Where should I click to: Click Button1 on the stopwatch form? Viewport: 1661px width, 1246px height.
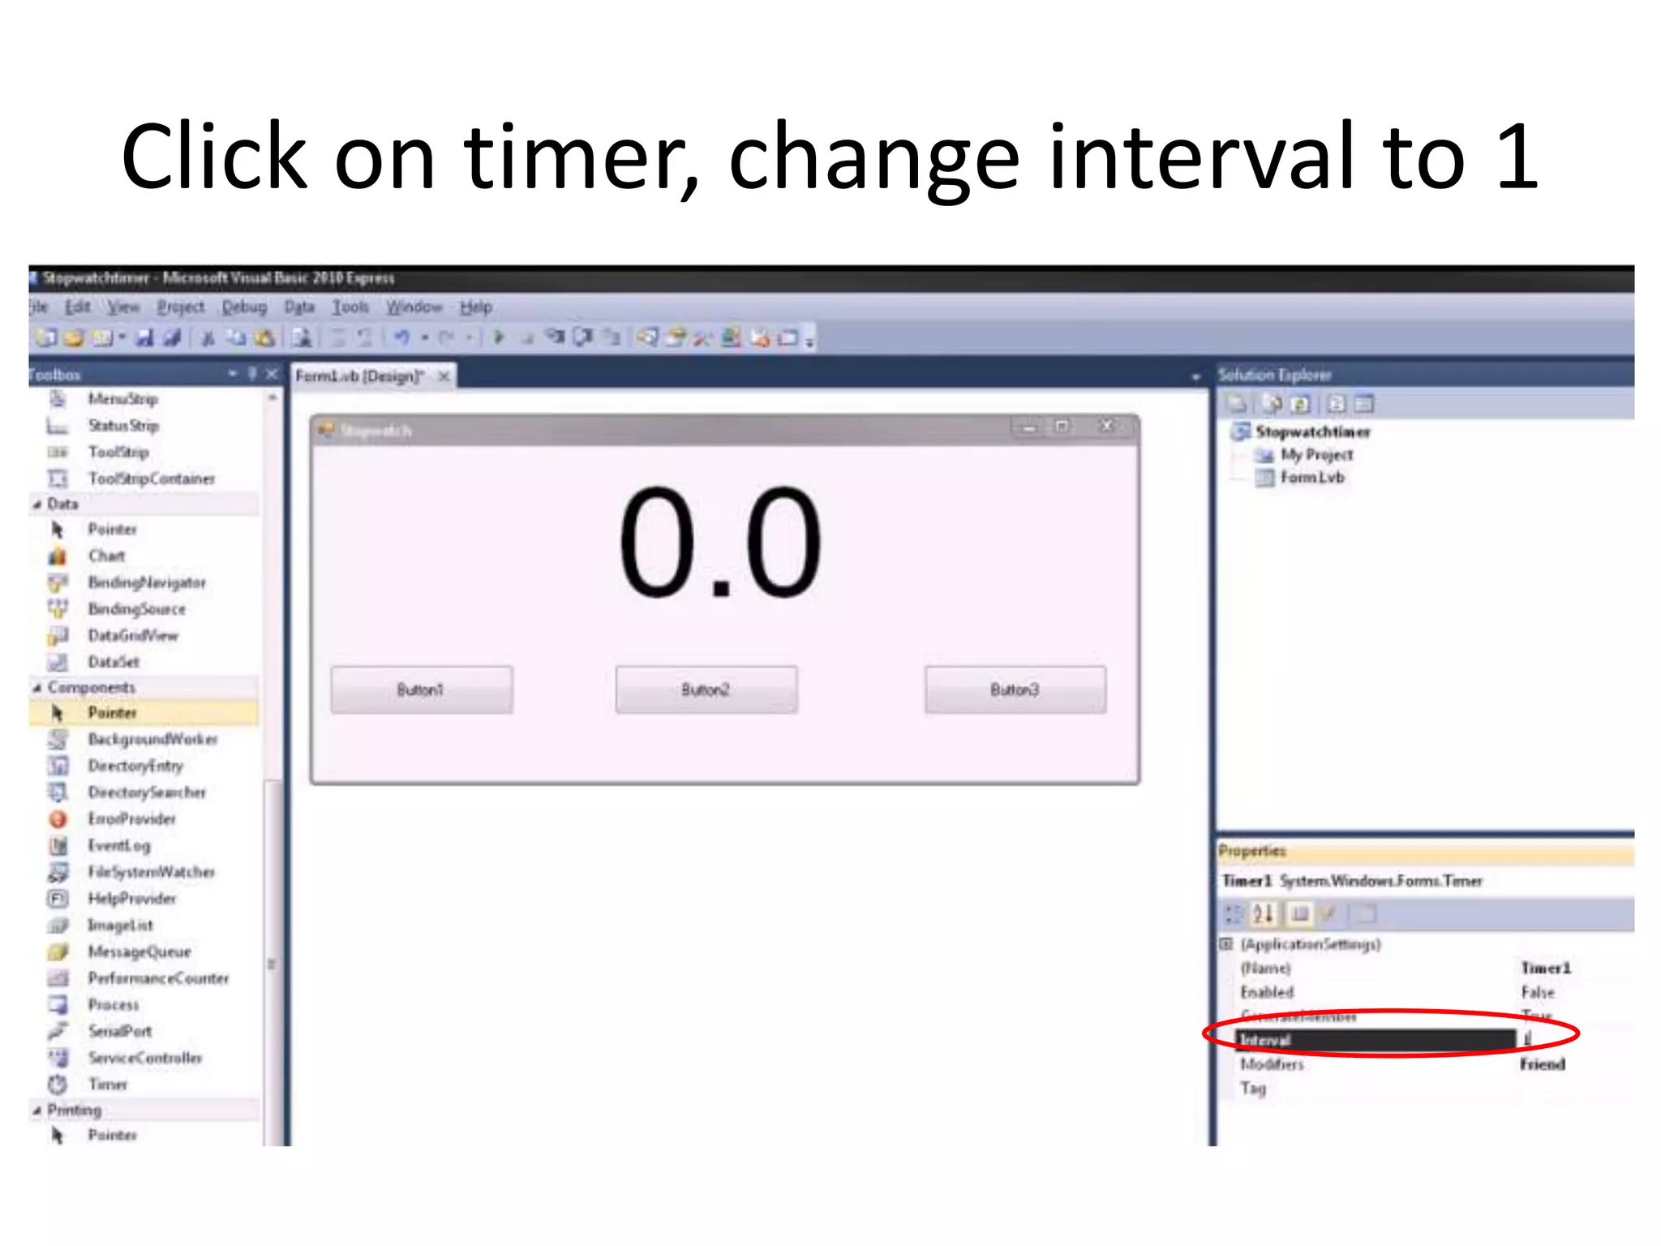(x=421, y=690)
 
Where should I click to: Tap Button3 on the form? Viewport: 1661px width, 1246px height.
(x=1015, y=690)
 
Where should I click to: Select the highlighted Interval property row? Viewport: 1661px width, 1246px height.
(x=1375, y=1040)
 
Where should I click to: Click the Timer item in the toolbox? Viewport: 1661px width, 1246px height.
(x=108, y=1085)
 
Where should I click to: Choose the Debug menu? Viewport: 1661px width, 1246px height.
(x=244, y=307)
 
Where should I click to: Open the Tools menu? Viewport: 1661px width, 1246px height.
(x=350, y=307)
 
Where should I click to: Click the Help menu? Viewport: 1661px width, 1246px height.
(x=476, y=307)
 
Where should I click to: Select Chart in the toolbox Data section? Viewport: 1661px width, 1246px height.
(x=106, y=556)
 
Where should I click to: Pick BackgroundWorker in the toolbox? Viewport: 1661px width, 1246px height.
(x=152, y=739)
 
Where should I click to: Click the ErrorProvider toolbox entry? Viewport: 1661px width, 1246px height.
(x=131, y=819)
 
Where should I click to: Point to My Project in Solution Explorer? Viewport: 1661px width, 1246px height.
(x=1316, y=455)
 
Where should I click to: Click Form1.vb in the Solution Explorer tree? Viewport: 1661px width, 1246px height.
(x=1312, y=478)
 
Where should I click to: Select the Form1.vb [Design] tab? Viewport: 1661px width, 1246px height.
(x=359, y=376)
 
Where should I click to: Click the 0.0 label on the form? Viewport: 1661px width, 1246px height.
(x=719, y=542)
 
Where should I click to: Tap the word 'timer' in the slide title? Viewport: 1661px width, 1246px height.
(x=580, y=157)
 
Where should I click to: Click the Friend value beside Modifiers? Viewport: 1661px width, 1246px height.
(x=1542, y=1064)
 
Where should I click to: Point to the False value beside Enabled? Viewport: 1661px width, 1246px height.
(x=1538, y=992)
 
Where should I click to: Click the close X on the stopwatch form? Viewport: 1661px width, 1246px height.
(x=1107, y=426)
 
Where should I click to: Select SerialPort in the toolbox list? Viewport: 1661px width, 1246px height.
(x=120, y=1031)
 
